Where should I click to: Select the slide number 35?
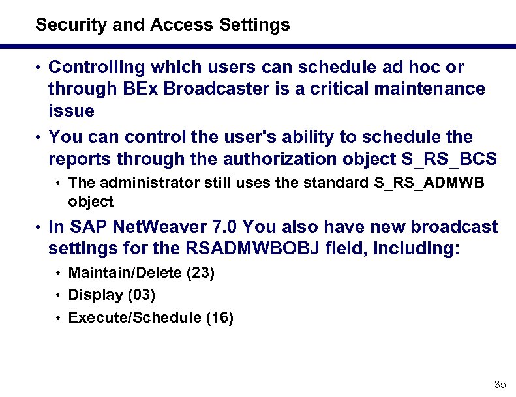tap(501, 383)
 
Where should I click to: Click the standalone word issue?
tap(71, 110)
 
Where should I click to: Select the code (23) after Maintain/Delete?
tap(200, 272)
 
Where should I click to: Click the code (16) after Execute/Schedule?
tap(219, 317)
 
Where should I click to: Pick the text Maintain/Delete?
tap(125, 272)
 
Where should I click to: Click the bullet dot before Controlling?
tap(40, 68)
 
